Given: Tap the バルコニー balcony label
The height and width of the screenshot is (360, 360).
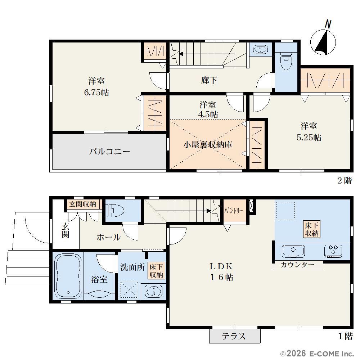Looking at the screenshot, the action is (109, 152).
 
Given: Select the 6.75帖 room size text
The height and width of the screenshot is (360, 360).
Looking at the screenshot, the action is (96, 93).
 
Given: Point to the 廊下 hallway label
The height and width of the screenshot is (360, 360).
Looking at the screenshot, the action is (209, 80).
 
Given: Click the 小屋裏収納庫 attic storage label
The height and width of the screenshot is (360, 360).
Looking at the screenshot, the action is (208, 145).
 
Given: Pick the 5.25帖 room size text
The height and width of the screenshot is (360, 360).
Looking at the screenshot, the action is (309, 137).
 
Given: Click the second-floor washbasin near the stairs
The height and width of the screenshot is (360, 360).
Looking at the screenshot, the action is (260, 49).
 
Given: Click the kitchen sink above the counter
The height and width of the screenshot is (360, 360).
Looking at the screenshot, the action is (293, 251).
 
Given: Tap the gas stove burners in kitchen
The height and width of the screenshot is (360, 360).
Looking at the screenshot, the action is (333, 251).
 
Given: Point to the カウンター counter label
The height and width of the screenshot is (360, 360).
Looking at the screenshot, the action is (297, 265).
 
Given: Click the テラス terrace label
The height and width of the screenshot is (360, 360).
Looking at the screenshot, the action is (234, 336).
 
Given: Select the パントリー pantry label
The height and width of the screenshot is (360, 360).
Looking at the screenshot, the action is (233, 211).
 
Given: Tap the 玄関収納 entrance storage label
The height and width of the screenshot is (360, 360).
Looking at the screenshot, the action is (83, 204).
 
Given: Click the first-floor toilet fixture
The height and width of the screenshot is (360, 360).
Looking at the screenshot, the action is (115, 211).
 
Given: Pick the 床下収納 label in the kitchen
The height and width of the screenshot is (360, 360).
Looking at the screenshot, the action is (311, 229).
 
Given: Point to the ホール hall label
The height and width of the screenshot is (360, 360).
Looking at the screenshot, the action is (108, 237).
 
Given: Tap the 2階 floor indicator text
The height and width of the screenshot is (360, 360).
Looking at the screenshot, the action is (344, 181).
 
